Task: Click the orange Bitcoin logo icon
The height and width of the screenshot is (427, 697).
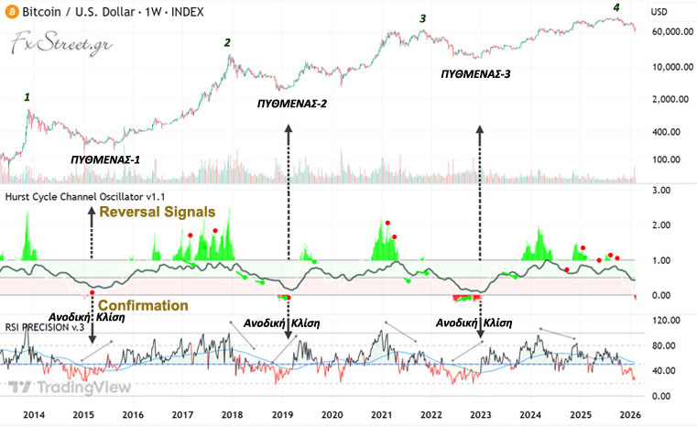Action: click(11, 13)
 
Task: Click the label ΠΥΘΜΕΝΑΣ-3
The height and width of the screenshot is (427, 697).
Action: click(474, 72)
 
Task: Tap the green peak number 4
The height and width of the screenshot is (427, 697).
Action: click(615, 8)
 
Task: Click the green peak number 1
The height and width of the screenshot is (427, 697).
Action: click(27, 96)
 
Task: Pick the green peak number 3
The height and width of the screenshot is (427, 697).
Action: click(422, 18)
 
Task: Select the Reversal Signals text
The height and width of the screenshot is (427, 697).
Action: click(158, 212)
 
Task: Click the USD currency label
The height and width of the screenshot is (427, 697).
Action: click(659, 12)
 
